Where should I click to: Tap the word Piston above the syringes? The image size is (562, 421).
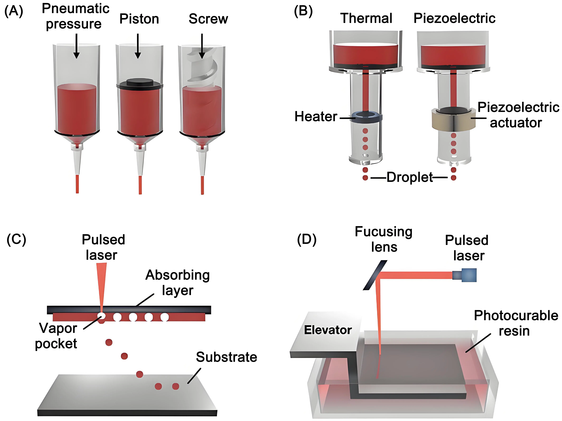point(139,19)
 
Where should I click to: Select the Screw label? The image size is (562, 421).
point(208,19)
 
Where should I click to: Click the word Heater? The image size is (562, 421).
point(316,117)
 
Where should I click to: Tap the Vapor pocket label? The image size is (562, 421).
point(56,336)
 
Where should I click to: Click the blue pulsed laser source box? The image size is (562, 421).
point(469,275)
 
